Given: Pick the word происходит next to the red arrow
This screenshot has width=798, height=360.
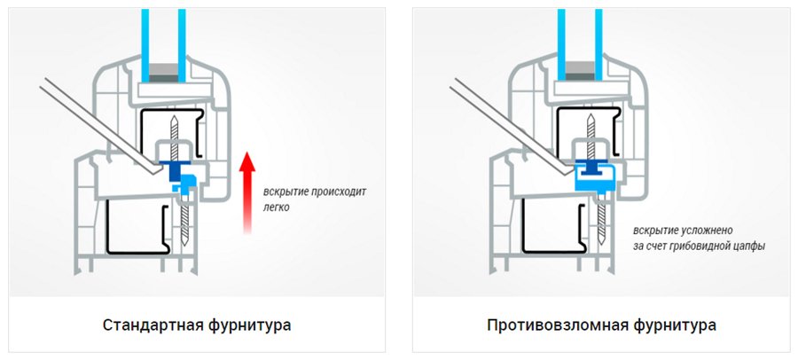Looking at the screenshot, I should click(335, 191).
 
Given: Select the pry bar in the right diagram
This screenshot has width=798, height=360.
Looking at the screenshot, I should click(497, 115).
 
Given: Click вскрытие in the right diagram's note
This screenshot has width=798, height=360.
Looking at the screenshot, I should click(654, 229).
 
